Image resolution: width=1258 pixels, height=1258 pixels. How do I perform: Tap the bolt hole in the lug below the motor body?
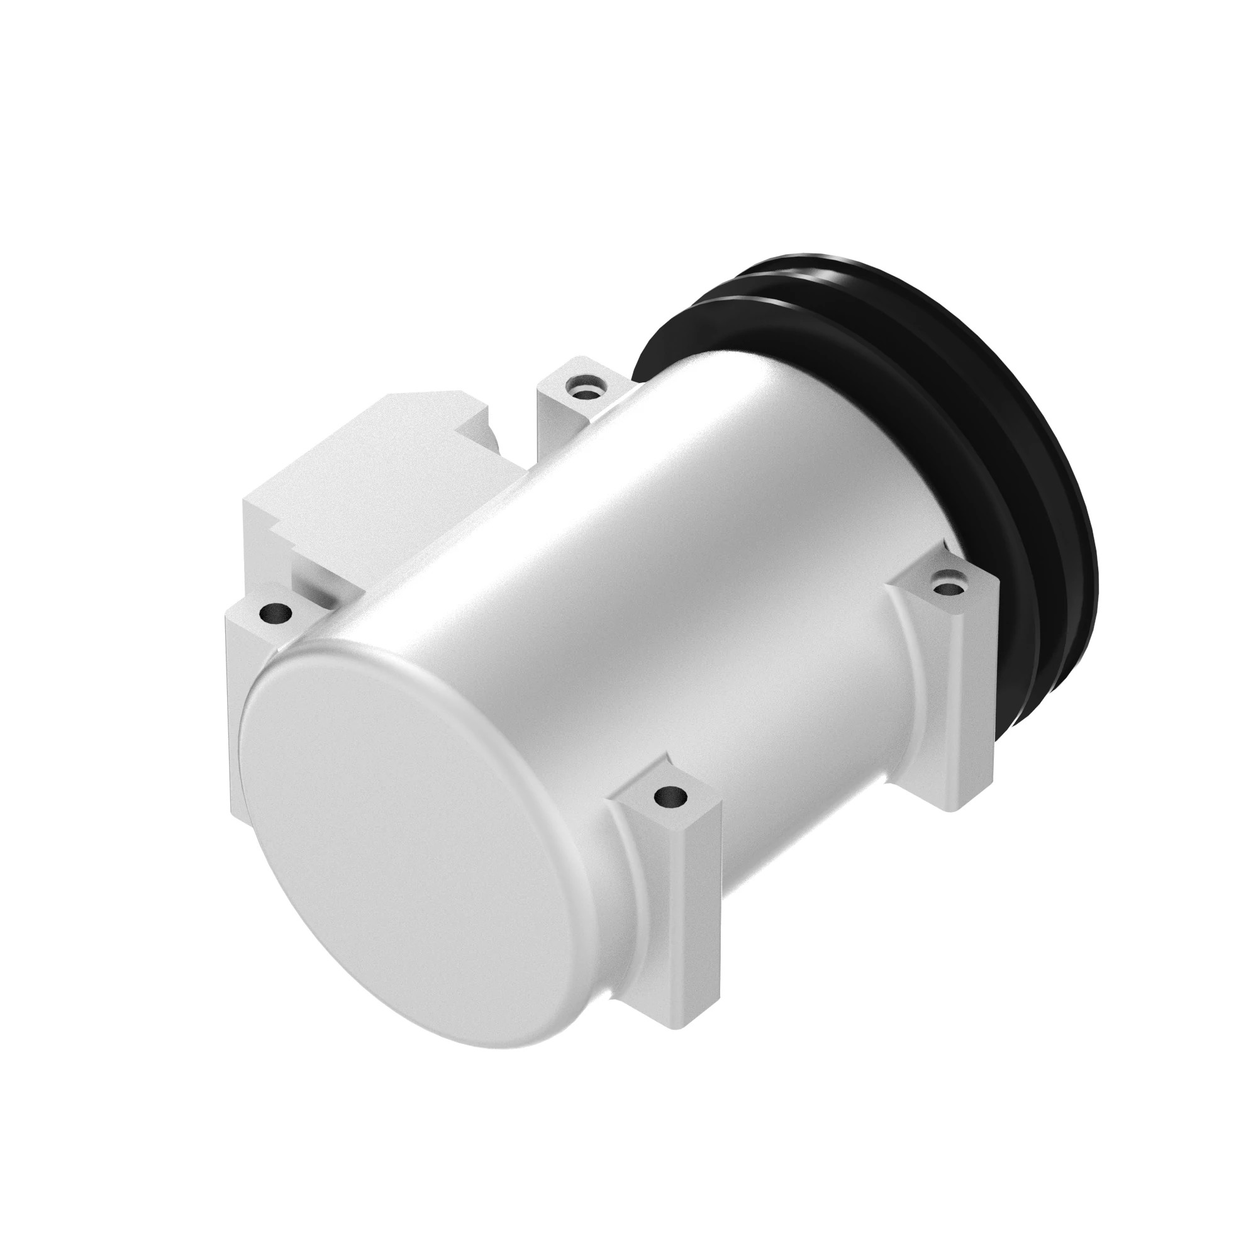pyautogui.click(x=670, y=795)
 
